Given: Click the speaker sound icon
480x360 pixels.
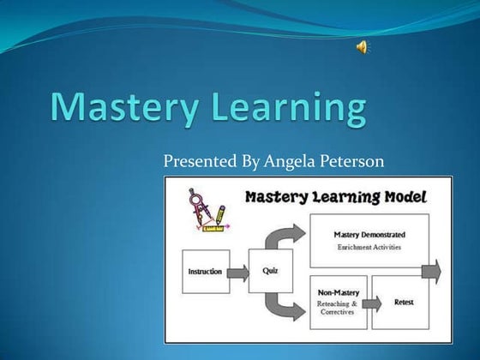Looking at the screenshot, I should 363,47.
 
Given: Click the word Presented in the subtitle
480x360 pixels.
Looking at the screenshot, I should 199,161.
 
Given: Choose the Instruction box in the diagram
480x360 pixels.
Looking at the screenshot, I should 205,272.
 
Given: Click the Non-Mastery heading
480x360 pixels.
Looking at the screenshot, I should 337,291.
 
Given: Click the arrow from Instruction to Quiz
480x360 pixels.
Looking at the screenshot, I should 240,272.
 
